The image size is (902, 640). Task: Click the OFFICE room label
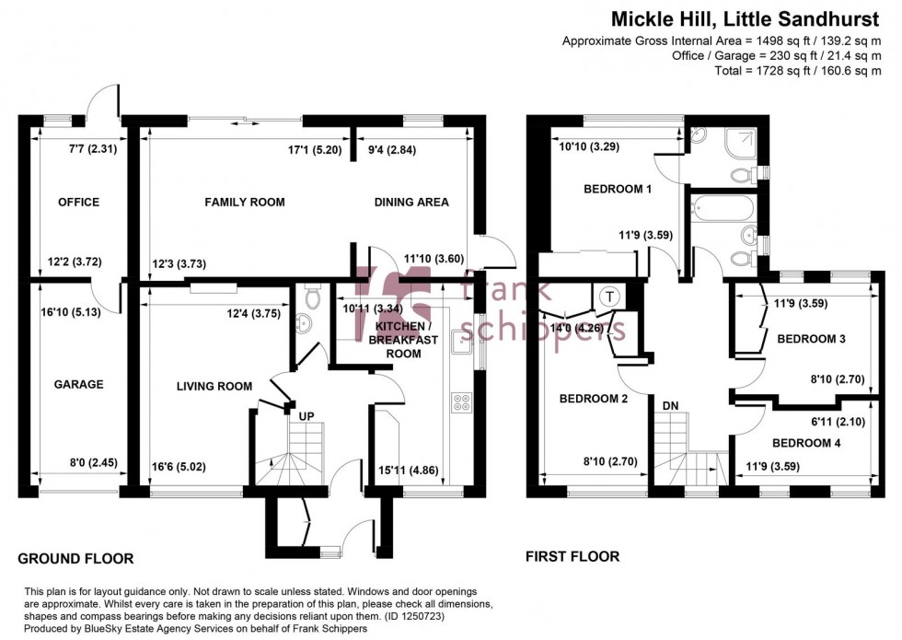pos(78,203)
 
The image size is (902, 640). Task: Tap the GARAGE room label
pos(78,385)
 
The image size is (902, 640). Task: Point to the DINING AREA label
pos(411,203)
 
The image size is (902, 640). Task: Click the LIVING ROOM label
pos(214,387)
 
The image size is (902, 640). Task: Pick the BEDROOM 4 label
pos(805,443)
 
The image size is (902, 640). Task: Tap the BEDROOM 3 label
pos(811,339)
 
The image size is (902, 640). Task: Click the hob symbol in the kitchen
pos(460,402)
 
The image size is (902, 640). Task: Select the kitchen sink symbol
pos(461,342)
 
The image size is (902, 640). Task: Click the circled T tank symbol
pos(609,297)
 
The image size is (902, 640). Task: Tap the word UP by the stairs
pos(306,416)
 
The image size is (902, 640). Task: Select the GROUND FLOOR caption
pos(76,558)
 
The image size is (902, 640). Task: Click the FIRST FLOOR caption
pos(572,556)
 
